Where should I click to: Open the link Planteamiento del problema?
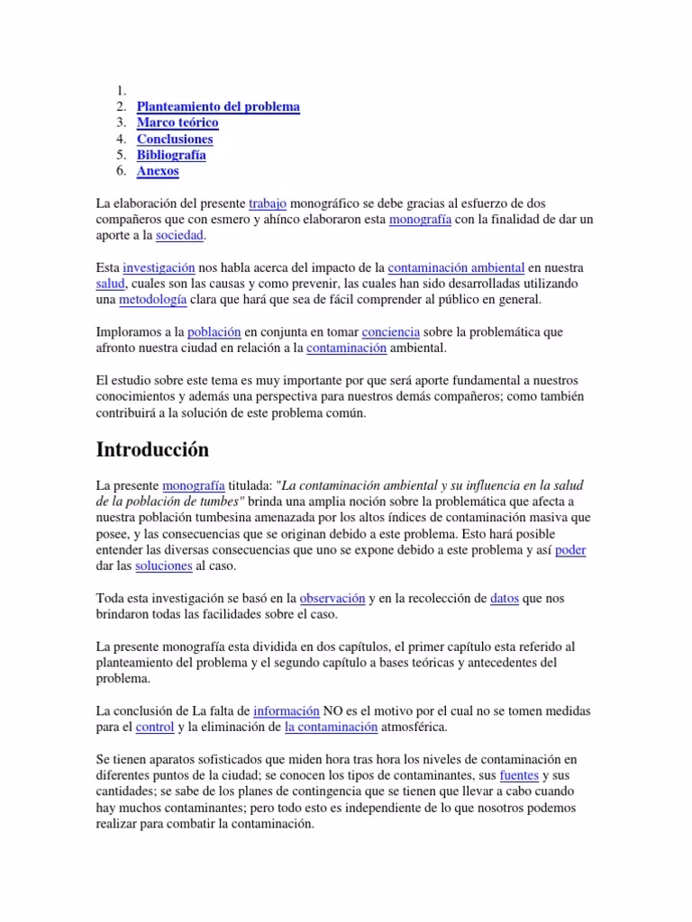pos(218,107)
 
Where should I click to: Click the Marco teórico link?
pos(178,123)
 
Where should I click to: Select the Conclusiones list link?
pos(175,140)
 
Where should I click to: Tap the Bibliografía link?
pos(171,156)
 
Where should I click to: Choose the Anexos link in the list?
pos(158,172)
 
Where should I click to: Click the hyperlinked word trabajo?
pos(269,204)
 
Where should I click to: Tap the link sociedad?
pos(180,236)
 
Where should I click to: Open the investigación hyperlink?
pos(159,267)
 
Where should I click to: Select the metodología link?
pos(153,300)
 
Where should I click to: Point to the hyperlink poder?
pos(570,550)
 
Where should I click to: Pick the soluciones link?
pos(164,566)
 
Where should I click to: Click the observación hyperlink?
pos(332,598)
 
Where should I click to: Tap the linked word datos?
pos(504,598)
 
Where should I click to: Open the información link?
pos(287,710)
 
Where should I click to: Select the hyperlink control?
pos(153,726)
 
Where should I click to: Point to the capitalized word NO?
pos(333,710)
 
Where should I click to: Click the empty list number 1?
pos(121,91)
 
